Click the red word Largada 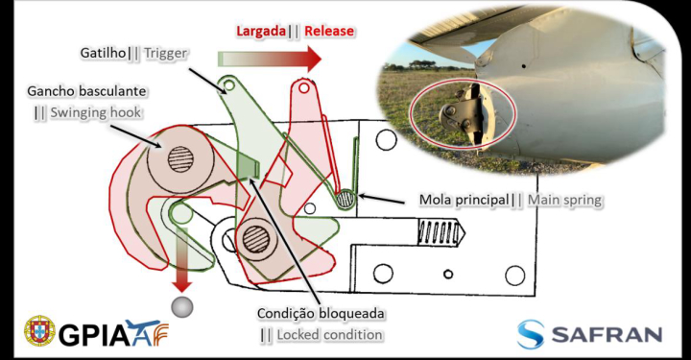click(261, 32)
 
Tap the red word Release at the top click(329, 31)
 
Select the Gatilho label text click(103, 53)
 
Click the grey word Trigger click(166, 54)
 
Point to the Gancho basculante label click(86, 91)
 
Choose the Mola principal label click(465, 200)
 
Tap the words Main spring click(565, 200)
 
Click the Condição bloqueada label click(321, 314)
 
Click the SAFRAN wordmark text click(607, 334)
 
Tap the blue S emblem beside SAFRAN click(530, 334)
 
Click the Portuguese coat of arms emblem click(39, 331)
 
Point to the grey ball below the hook click(182, 307)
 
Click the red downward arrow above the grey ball click(181, 260)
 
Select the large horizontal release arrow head click(314, 59)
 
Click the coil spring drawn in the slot click(439, 231)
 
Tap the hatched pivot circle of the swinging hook click(180, 158)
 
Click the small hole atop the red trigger click(303, 88)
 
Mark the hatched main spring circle click(345, 199)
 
